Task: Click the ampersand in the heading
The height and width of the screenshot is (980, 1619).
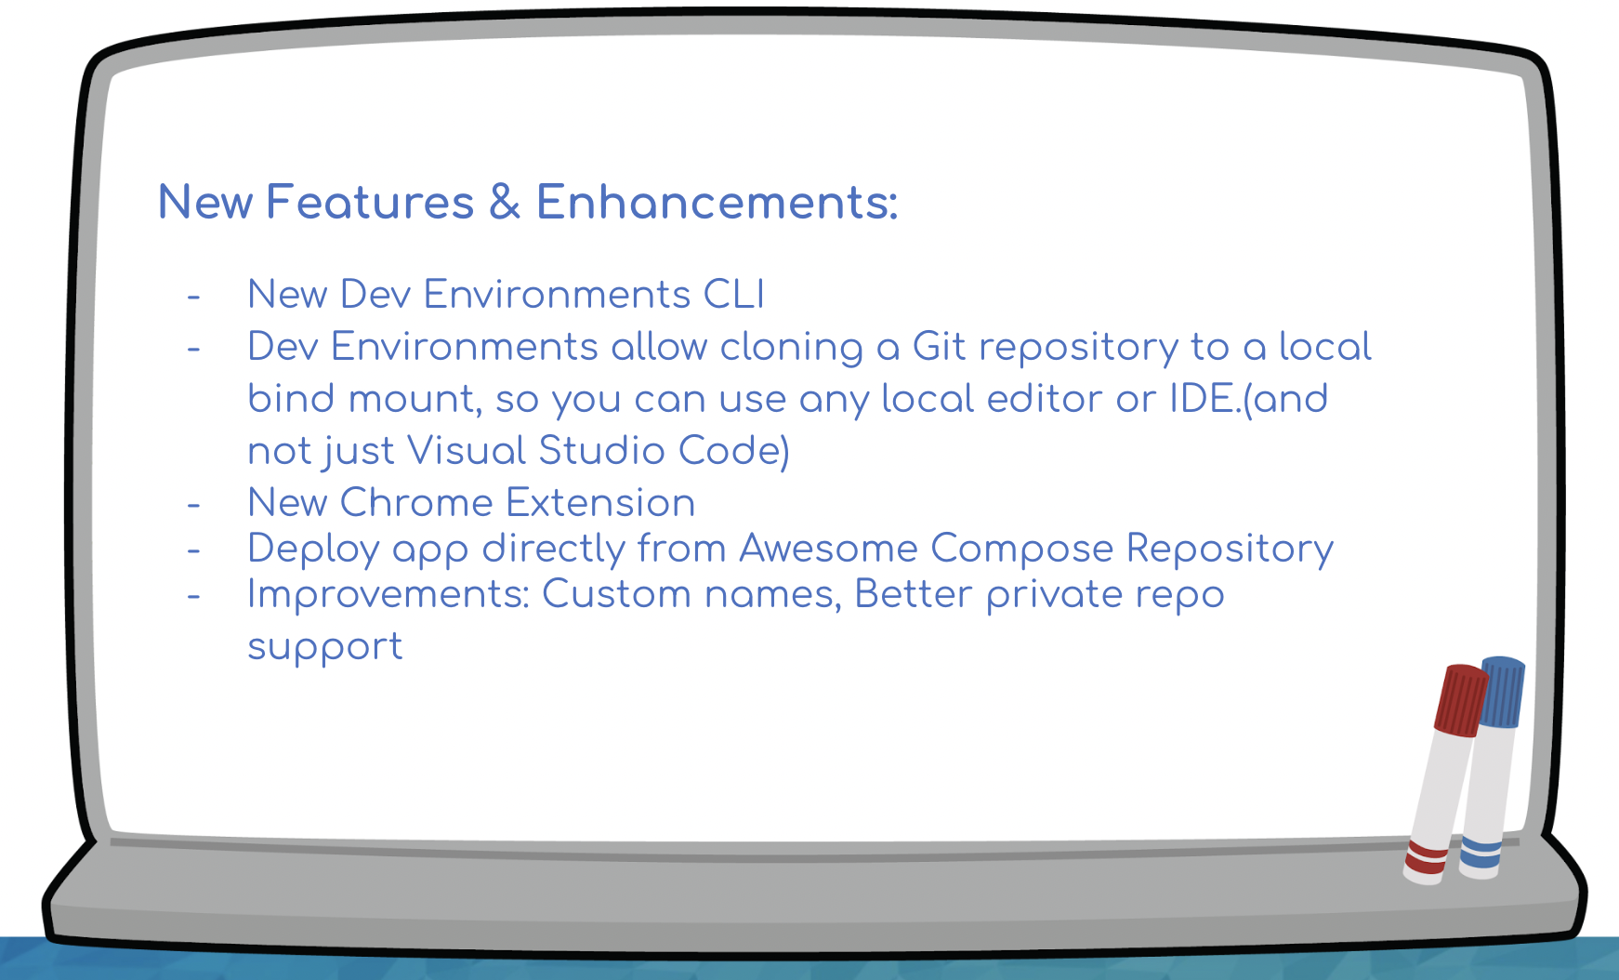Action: [505, 202]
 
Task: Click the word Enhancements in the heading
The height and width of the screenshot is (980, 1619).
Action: [717, 202]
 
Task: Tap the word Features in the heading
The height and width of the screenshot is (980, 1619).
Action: [370, 202]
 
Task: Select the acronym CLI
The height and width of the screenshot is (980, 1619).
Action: [734, 295]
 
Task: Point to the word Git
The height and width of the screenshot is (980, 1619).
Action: [940, 347]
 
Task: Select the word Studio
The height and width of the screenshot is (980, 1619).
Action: [601, 451]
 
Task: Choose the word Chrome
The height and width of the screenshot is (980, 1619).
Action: [416, 503]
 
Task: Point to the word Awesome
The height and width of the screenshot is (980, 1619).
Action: [828, 549]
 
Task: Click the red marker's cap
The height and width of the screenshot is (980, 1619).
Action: [1461, 700]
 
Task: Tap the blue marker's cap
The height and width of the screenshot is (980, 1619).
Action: [1502, 692]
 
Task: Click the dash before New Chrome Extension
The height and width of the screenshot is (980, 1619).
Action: [193, 505]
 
